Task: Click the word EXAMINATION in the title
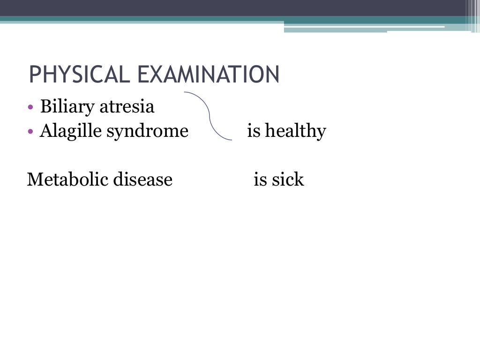207,75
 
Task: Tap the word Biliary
67,107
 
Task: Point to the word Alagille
70,131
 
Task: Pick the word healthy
295,131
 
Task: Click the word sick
285,179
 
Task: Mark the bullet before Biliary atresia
30,108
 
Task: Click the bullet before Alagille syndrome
30,132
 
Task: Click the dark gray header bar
234,8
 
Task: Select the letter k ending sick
300,179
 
